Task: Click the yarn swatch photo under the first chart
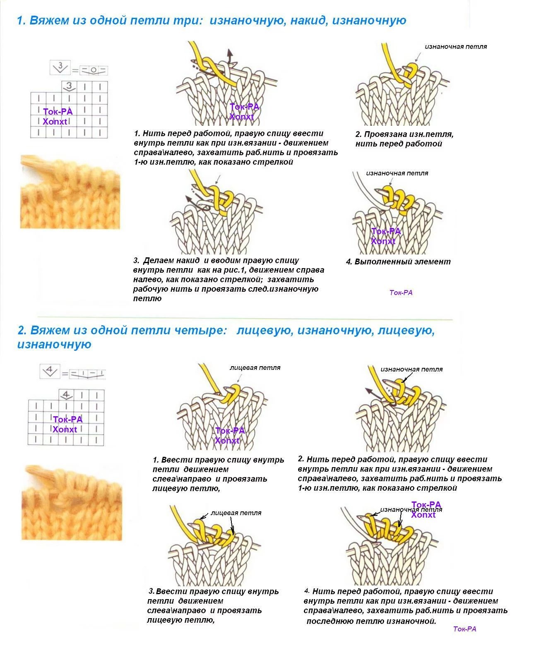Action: point(70,192)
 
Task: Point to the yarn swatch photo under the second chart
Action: point(72,502)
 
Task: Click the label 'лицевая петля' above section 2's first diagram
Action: point(255,367)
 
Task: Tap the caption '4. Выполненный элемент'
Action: point(398,261)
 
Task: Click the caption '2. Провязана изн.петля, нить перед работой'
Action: point(404,139)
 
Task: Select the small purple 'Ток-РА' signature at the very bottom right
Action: point(465,629)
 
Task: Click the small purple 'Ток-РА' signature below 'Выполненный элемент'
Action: point(401,293)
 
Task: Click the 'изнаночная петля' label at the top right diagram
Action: point(456,46)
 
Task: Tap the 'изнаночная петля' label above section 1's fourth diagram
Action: point(397,173)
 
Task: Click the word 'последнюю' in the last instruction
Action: point(328,621)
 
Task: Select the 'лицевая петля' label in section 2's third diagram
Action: point(236,513)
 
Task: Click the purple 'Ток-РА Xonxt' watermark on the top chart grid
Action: point(58,116)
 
